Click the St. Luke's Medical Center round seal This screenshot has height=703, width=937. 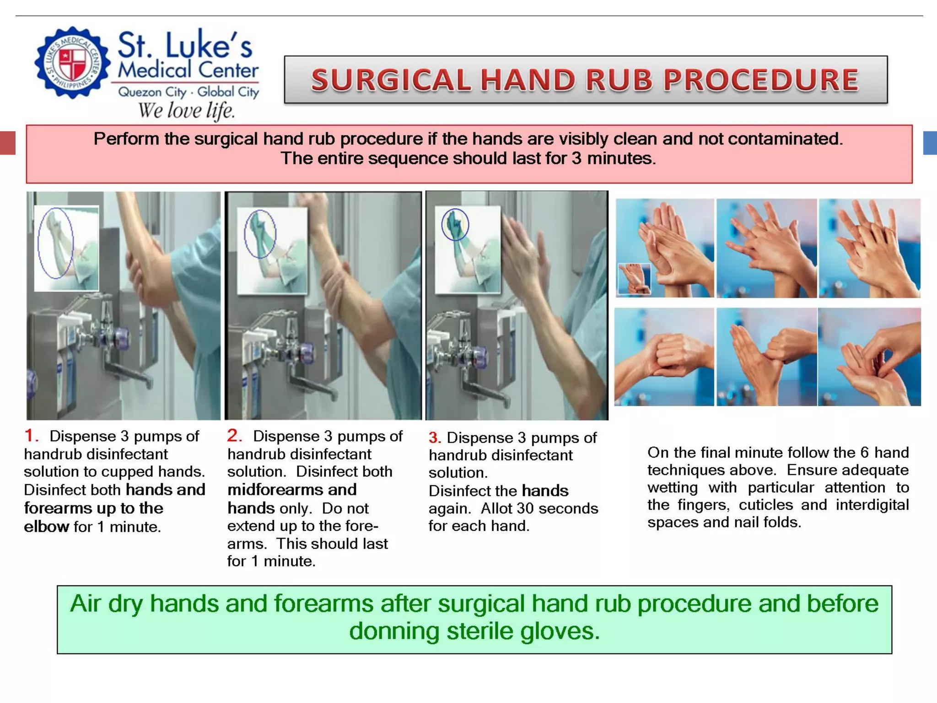tap(72, 62)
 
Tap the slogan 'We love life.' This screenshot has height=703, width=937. tap(186, 111)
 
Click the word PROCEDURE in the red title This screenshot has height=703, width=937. tap(761, 80)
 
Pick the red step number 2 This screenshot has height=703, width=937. tap(234, 435)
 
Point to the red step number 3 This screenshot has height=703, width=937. tap(434, 438)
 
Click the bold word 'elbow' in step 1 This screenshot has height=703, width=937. tap(46, 527)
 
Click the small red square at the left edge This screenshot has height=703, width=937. tap(8, 143)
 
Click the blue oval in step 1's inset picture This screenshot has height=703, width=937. tap(55, 243)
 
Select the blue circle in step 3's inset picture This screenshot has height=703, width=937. tap(455, 224)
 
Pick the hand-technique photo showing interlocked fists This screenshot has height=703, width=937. tap(664, 357)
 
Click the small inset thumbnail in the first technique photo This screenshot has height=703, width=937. tap(634, 278)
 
